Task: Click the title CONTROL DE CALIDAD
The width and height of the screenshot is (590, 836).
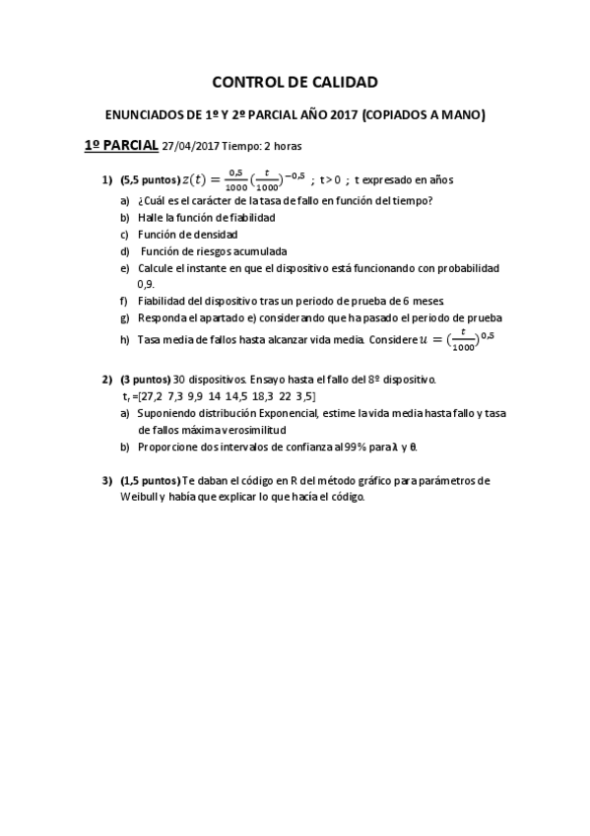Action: point(295,83)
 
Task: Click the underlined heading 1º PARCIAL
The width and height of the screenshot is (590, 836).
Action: point(121,145)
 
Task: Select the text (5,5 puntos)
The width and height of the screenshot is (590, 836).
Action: point(151,179)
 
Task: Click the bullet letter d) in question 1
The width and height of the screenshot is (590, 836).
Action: point(124,250)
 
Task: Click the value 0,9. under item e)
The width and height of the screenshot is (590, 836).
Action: point(146,284)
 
